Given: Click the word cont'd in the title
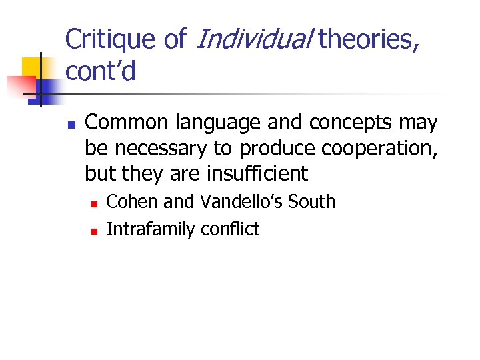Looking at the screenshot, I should pos(101,71).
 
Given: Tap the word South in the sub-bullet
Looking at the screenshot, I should pos(314,201).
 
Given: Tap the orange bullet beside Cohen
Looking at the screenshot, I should pos(94,203).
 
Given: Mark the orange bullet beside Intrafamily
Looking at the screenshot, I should pos(94,231).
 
